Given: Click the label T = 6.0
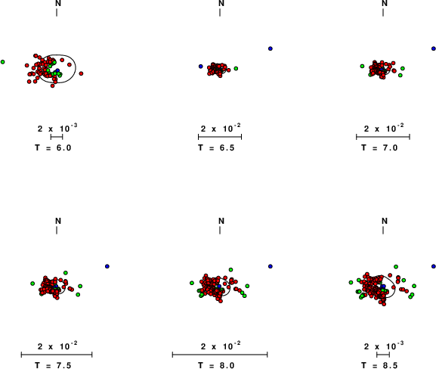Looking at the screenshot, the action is pos(53,147).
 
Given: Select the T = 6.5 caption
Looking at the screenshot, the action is pos(216,147).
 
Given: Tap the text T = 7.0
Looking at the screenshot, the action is pos(379,147).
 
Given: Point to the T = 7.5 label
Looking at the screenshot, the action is pos(53,365).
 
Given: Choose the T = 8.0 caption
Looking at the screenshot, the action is pos(216,365).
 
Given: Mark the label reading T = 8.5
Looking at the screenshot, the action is pos(379,365).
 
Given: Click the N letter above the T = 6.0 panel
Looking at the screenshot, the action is pos(58,3).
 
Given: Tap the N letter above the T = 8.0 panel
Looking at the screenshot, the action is pos(221,221).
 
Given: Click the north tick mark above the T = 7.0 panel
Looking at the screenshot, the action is pos(383,13).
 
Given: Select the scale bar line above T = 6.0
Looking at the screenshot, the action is pos(57,137).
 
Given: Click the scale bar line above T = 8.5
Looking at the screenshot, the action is pos(383,355).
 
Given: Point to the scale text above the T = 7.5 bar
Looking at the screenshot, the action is pos(57,346).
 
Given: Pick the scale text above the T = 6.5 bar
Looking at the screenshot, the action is pos(221,129).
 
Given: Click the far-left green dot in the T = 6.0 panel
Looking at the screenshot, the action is pos(2,62).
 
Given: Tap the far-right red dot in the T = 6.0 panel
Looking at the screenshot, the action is pos(81,73).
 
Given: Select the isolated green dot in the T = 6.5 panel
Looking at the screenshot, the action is pos(236,69).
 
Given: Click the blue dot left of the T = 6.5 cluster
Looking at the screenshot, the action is pos(201,67).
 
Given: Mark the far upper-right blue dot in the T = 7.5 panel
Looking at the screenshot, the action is pos(107,266).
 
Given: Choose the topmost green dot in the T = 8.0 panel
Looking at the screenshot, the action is pos(230,270).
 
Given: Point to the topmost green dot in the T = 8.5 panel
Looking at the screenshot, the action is pos(396,267).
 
